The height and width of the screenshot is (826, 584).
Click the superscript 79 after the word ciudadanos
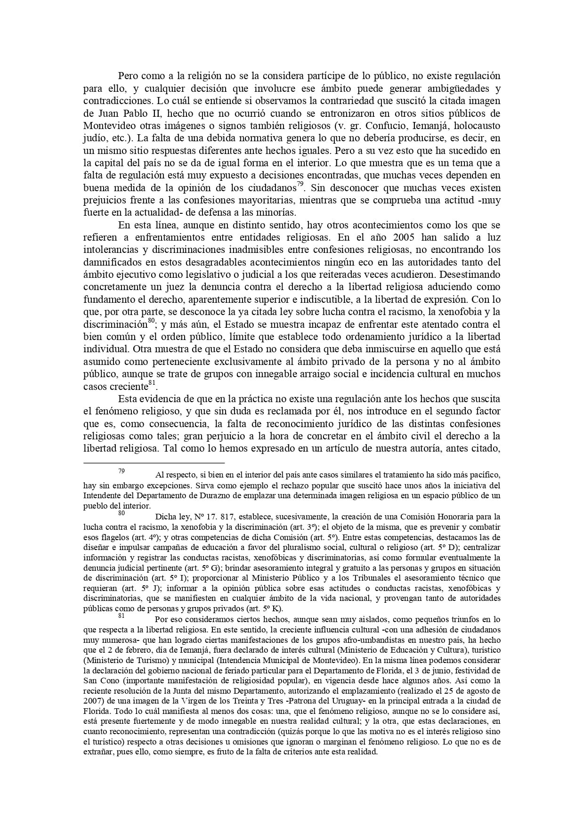click(300, 184)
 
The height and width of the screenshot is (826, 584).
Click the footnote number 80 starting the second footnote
click(122, 513)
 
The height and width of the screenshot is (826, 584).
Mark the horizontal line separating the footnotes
click(154, 463)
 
